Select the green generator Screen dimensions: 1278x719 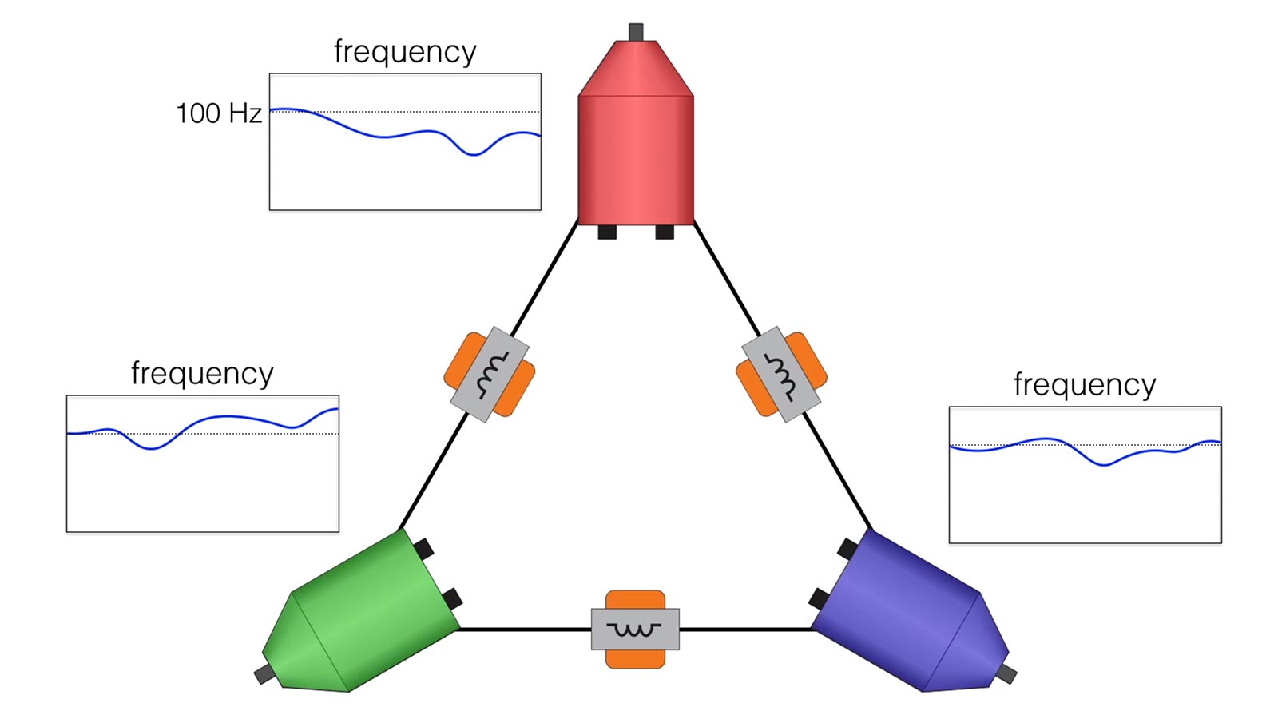tap(363, 614)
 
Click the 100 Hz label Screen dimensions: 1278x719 tap(219, 113)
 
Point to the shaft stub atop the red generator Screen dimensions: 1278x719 tap(636, 32)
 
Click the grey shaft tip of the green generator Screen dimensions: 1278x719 tap(264, 674)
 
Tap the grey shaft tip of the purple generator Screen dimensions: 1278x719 tap(1006, 674)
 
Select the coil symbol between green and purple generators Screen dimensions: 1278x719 tap(634, 630)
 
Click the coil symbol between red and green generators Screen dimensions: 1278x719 tap(490, 375)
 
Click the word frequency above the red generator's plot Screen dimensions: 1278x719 tap(404, 52)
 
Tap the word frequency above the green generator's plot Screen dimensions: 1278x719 tap(202, 374)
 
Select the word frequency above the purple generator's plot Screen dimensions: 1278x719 tap(1085, 384)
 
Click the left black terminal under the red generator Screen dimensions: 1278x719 tap(607, 232)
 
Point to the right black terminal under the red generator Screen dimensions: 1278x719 tap(665, 232)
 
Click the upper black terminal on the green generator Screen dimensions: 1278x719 tap(423, 549)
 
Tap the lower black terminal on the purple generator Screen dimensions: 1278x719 tap(820, 598)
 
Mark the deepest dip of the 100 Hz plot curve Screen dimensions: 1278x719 tap(474, 155)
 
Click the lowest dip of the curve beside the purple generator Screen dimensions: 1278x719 tap(1104, 465)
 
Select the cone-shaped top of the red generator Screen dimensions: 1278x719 tap(636, 69)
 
